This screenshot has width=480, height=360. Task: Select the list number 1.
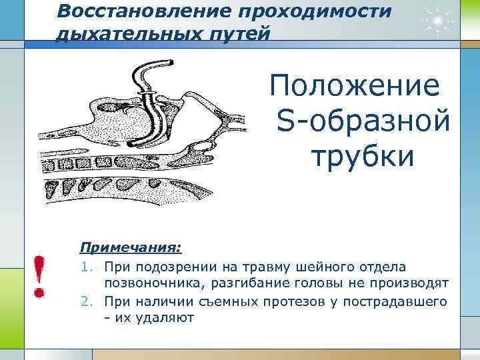85,267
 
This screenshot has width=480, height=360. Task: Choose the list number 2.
85,301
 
